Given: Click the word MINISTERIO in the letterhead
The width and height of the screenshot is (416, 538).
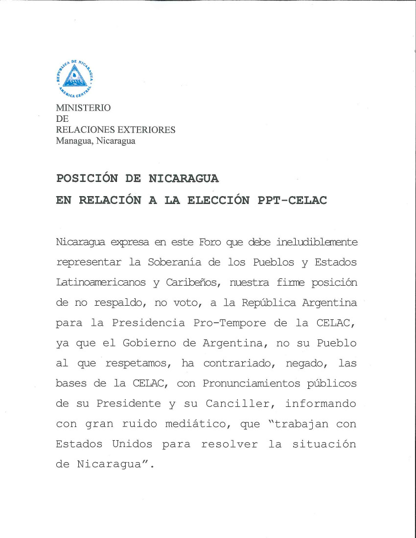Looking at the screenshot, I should click(x=83, y=108).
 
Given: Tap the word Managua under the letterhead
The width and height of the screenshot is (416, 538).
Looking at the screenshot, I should click(x=74, y=141).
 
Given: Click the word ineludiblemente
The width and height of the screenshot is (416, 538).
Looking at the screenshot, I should click(x=317, y=242).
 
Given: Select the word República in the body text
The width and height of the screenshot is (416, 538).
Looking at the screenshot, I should click(x=268, y=303).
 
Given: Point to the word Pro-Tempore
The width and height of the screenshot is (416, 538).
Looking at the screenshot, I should click(x=230, y=323).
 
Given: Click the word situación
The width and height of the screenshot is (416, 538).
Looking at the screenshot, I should click(x=324, y=445).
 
